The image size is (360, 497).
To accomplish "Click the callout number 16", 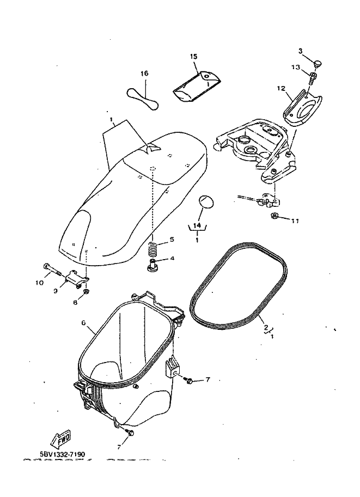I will (x=144, y=73).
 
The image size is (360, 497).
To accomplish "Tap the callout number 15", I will (x=193, y=57).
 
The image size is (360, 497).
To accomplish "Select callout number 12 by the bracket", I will (x=281, y=88).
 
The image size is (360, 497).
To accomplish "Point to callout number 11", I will (x=295, y=221).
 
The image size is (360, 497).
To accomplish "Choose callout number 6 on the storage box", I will (x=84, y=323).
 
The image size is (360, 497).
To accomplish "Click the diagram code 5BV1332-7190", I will (x=62, y=453).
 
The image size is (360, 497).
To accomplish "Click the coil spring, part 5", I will (x=154, y=249).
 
